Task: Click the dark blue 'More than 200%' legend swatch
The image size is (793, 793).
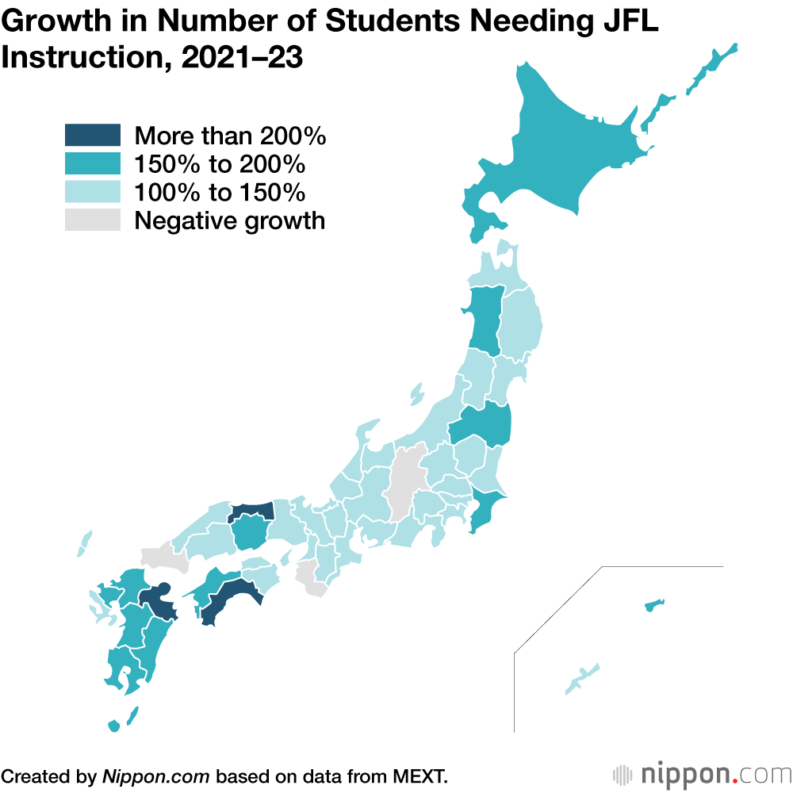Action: [x=92, y=136]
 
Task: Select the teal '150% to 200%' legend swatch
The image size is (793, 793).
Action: [x=92, y=164]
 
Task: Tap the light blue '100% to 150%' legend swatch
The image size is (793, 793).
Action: [x=92, y=192]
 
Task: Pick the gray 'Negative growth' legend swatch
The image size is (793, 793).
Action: [x=92, y=220]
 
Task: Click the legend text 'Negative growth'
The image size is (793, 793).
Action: [x=229, y=220]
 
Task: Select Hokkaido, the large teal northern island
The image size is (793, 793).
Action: [x=571, y=151]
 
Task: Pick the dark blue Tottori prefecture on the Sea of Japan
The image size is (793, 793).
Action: [x=252, y=511]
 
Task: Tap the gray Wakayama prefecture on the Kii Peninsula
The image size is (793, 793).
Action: [x=309, y=579]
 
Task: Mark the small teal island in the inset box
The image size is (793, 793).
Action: [x=653, y=607]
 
